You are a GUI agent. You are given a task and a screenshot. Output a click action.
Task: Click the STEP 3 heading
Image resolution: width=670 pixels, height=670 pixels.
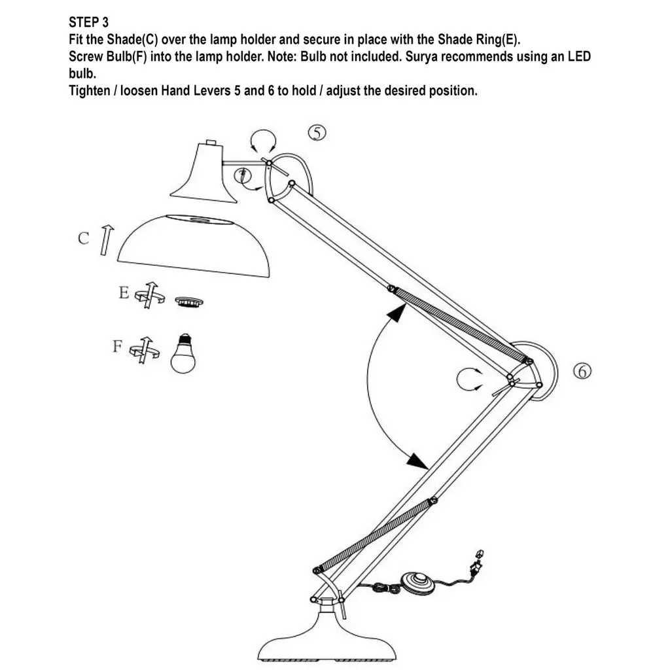pyautogui.click(x=89, y=23)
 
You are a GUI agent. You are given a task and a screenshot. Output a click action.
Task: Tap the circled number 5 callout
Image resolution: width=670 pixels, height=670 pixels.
pyautogui.click(x=317, y=133)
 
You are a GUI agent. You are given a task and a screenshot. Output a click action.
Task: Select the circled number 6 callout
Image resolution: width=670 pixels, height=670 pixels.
pyautogui.click(x=582, y=371)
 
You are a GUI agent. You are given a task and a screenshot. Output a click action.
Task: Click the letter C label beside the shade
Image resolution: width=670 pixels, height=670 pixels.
pyautogui.click(x=83, y=239)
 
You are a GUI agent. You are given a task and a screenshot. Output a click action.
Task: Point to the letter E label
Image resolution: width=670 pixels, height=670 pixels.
pyautogui.click(x=123, y=293)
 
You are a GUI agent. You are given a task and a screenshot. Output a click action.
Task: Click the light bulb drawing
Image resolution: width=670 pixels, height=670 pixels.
pyautogui.click(x=183, y=353)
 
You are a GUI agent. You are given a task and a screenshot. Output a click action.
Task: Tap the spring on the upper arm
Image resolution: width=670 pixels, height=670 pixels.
pyautogui.click(x=459, y=323)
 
